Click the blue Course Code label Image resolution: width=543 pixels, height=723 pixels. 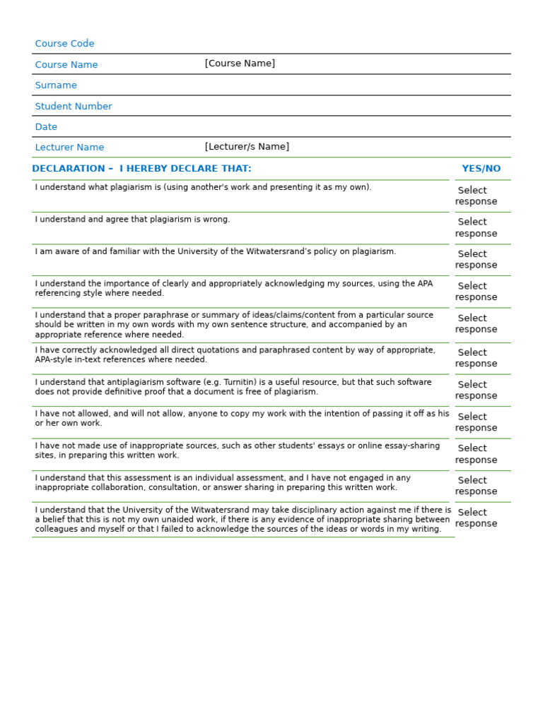click(x=64, y=44)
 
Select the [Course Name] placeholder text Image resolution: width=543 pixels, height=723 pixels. click(x=240, y=64)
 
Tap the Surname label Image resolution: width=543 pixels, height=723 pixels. click(x=56, y=85)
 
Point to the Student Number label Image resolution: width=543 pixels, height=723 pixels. click(x=74, y=107)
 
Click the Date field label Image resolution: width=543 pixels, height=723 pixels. click(x=46, y=127)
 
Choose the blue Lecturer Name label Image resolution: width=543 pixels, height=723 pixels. click(x=69, y=148)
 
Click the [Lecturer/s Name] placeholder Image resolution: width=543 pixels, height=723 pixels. click(x=247, y=147)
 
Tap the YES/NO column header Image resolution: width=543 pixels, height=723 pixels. click(x=481, y=169)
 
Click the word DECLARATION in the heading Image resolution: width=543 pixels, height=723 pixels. click(x=69, y=169)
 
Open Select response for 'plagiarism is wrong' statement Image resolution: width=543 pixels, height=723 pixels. click(x=476, y=227)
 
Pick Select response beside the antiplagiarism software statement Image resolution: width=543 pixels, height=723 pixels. click(x=476, y=390)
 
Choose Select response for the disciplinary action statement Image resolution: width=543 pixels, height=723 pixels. click(x=476, y=518)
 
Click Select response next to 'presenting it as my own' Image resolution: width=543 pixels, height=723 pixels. click(x=476, y=196)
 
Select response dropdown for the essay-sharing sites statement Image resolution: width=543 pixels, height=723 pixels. click(x=476, y=454)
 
